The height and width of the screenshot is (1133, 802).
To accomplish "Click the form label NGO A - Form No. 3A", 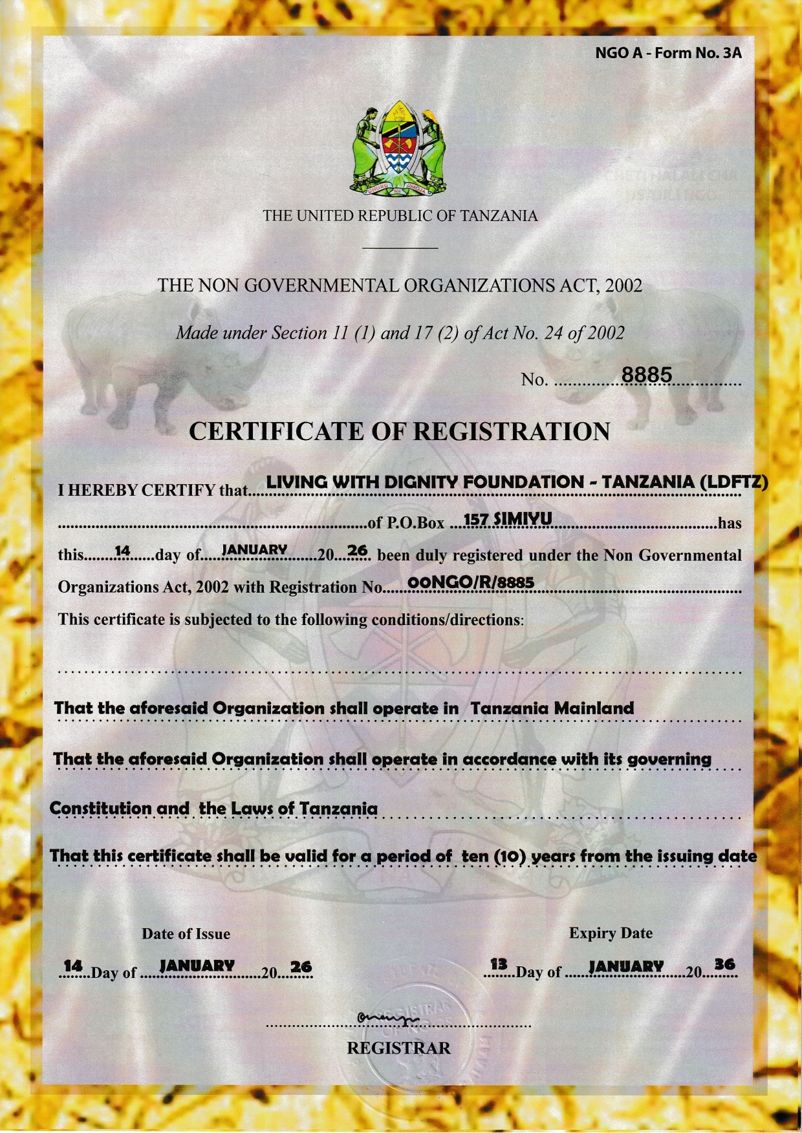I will pos(668,53).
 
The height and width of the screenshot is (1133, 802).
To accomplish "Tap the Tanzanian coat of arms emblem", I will pos(399,149).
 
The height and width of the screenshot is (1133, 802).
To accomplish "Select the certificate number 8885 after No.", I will pos(647,375).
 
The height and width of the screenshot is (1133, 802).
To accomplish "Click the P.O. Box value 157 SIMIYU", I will pos(507,519).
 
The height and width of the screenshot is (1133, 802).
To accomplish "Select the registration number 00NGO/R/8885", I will pos(471,582).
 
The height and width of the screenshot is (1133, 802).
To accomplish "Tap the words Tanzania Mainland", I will pos(552,708).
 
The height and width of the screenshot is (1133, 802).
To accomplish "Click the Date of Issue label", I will pos(186,933).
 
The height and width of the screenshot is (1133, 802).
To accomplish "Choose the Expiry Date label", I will pos(611,933).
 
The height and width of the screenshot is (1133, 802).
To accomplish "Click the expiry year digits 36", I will pos(724,964).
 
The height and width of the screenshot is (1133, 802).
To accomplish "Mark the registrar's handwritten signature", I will pos(387,1019).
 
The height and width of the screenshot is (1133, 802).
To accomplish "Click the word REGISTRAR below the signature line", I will pos(398,1048).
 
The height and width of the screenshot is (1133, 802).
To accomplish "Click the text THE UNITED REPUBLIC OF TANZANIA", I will pos(400,216).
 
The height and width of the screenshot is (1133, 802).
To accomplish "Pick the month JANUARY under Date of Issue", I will pos(197,966).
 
